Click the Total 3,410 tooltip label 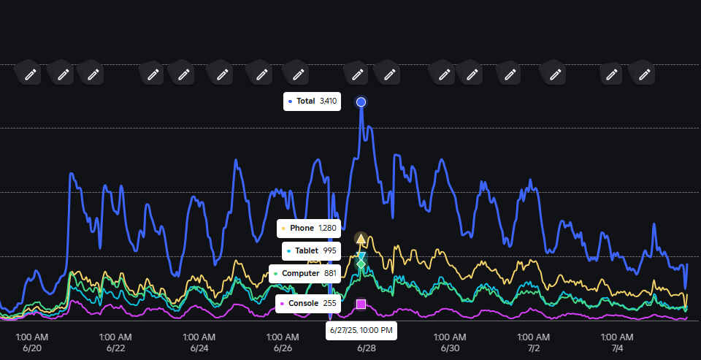tap(313, 102)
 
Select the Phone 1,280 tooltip tap(309, 229)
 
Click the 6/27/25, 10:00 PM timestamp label tap(361, 331)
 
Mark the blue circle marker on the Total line tap(361, 102)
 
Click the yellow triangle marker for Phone tap(361, 239)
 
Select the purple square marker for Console tap(361, 303)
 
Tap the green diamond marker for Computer tap(361, 264)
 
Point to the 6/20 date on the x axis tap(32, 348)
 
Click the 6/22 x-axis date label tap(115, 348)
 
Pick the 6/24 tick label tap(199, 348)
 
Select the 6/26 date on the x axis tap(283, 348)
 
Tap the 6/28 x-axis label tap(367, 348)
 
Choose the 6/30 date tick tap(450, 348)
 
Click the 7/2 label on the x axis tap(534, 348)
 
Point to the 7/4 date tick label tap(617, 348)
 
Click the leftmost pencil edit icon tap(30, 74)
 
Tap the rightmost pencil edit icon tap(643, 74)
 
